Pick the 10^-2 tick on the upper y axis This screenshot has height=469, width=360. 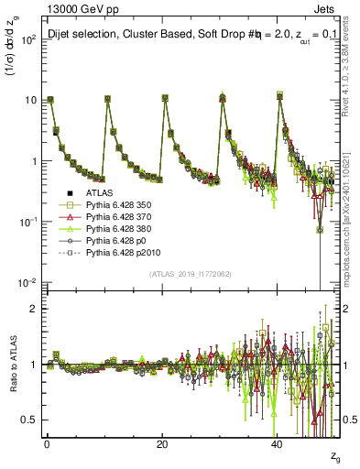[27, 282]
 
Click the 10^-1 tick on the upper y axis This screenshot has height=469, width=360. [27, 222]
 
